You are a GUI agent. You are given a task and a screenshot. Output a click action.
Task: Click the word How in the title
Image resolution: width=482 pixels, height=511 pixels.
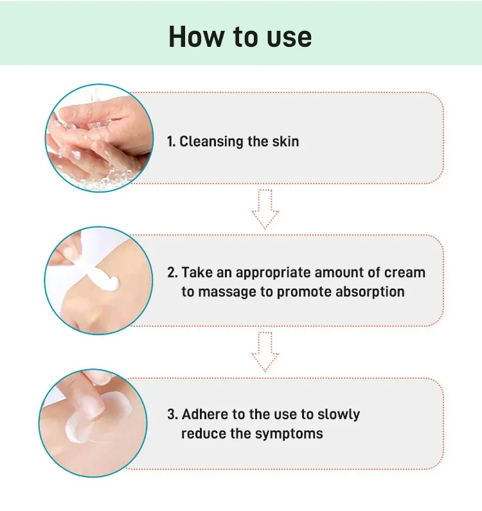coord(195,37)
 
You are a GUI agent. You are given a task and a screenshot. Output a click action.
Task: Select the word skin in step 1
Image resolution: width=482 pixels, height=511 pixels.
coord(285,141)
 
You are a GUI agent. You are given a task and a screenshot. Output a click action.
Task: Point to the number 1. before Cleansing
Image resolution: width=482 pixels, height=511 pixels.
coord(172,141)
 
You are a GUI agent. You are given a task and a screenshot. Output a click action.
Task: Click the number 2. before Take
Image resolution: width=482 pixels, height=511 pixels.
coord(173,272)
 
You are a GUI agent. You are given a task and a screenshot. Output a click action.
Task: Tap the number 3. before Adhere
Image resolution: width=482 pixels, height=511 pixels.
coord(173,414)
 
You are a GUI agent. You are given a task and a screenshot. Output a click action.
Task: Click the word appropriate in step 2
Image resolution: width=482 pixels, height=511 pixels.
coord(272,273)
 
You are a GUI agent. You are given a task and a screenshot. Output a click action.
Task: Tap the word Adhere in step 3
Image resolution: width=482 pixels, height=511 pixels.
coord(205,414)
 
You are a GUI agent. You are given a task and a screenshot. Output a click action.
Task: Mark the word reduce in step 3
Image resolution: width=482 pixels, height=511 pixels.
coord(203,434)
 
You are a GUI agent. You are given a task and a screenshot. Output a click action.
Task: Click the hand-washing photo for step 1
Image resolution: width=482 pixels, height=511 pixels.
coord(99,138)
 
